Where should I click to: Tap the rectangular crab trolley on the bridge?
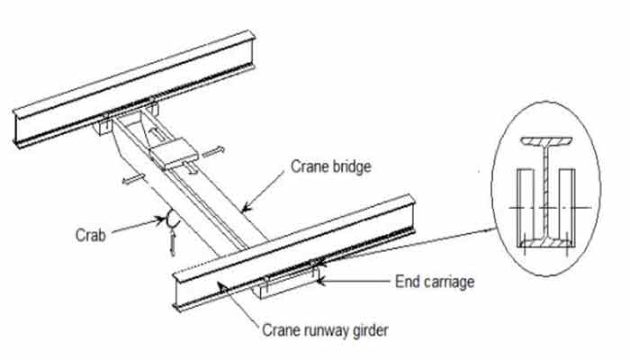tap(172, 154)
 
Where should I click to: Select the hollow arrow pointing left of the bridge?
tap(131, 180)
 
